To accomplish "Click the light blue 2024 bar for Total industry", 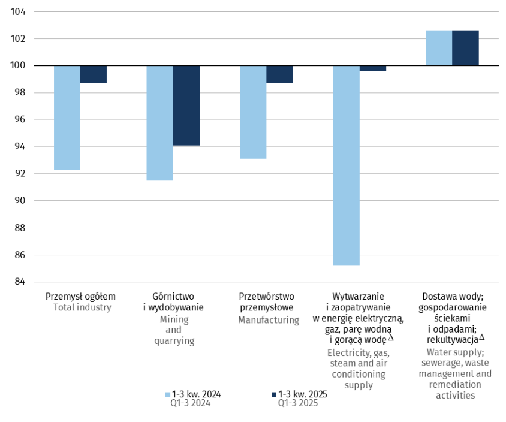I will tap(67, 118).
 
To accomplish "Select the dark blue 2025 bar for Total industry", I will tap(94, 74).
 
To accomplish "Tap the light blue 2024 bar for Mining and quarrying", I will tap(160, 122).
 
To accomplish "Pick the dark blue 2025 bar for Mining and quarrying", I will tap(186, 106).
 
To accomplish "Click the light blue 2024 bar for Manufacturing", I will tap(253, 112).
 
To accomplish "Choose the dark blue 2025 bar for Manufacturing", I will tap(279, 74).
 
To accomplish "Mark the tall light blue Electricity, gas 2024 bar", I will tap(346, 165).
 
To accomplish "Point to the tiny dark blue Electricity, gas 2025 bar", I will tap(373, 68).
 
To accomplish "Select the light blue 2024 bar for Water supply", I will tap(439, 48).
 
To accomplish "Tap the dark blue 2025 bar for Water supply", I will tap(465, 48).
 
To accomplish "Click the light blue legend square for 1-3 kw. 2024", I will tap(168, 395).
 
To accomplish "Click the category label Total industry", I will tap(83, 307).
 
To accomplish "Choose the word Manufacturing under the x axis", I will tap(269, 320).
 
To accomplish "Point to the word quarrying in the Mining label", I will tap(173, 341).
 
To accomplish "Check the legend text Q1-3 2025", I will tap(297, 403).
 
